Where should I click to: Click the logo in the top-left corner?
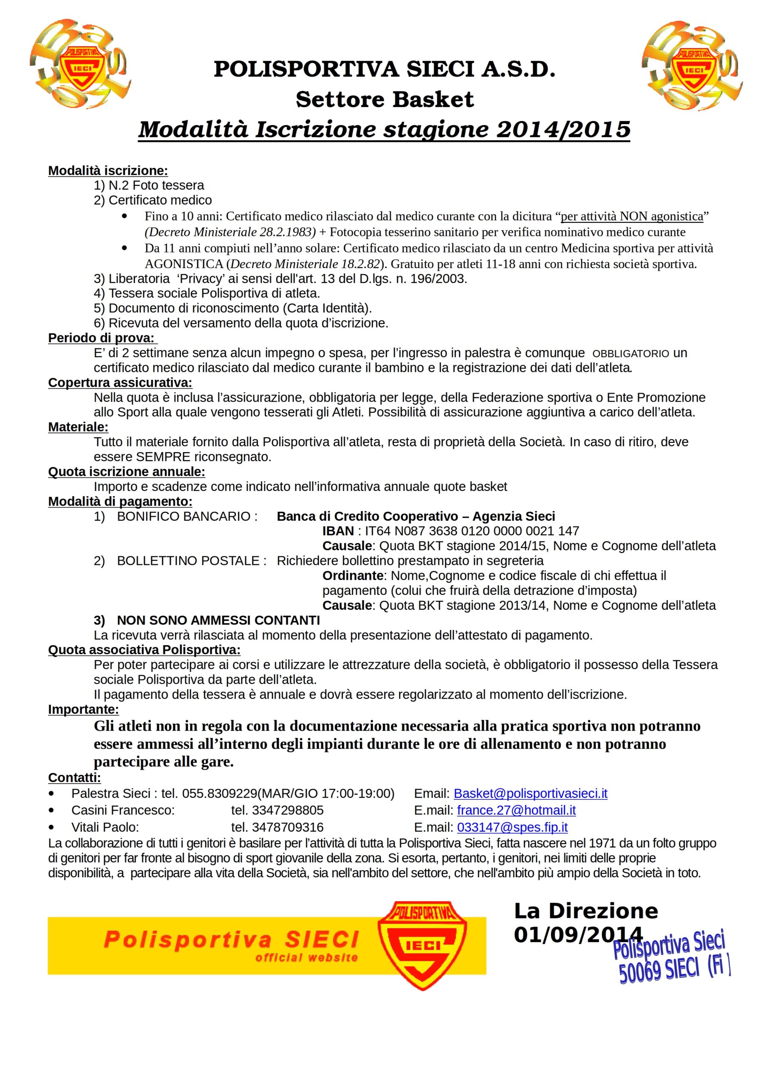point(79,64)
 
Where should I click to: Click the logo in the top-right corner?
point(692,65)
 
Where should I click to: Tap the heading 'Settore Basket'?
point(385,99)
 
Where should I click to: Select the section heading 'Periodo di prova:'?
point(102,338)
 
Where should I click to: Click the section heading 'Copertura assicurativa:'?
point(120,382)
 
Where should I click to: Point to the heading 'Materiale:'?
point(78,427)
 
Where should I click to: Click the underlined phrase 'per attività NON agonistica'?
point(631,216)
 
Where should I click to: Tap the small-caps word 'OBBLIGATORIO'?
point(631,353)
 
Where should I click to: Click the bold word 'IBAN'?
point(338,531)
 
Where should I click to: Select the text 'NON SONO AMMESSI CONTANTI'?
point(218,620)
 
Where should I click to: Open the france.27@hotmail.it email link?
point(516,810)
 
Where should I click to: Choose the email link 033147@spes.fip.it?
point(512,827)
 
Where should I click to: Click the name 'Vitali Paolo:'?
point(105,827)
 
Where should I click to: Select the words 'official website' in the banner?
point(306,957)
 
